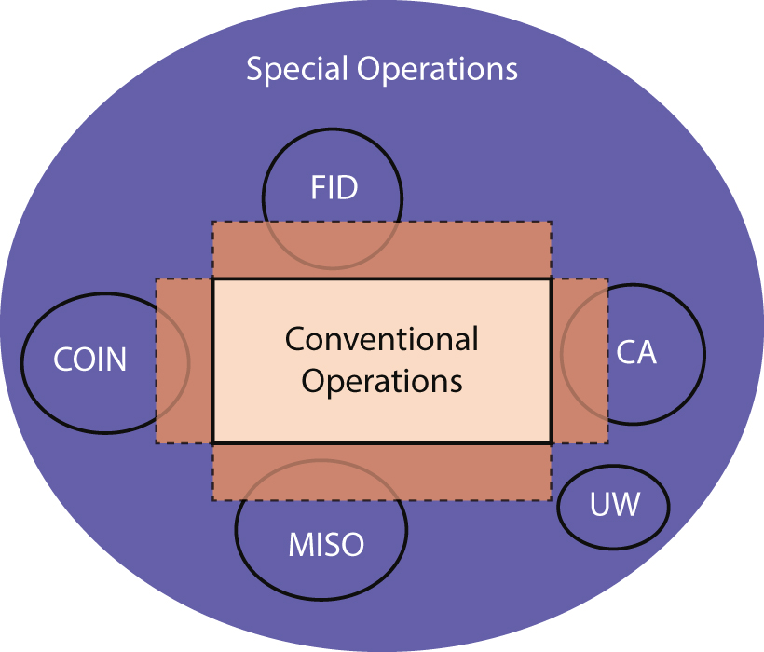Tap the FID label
(334, 188)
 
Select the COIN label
(89, 360)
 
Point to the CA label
(636, 354)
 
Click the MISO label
(325, 544)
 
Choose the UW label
(615, 506)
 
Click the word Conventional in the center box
(381, 338)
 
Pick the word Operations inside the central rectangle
(382, 381)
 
